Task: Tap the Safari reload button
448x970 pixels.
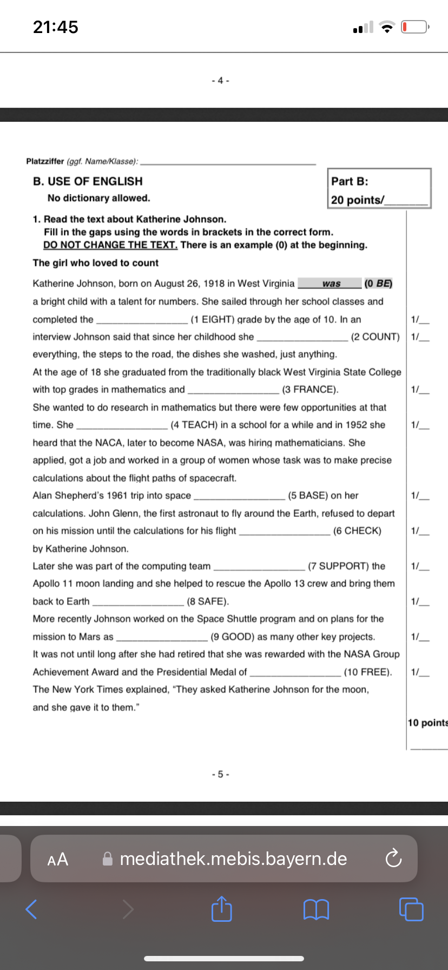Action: coord(393,859)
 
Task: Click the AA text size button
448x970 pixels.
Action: coord(58,860)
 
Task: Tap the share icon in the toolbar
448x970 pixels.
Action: coord(221,909)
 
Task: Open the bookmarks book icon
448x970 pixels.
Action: coord(317,909)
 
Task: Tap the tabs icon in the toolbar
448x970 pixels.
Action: coord(411,909)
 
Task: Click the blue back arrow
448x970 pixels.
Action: coord(32,909)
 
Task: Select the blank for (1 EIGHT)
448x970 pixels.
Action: coord(142,319)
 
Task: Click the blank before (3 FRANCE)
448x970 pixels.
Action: coord(233,390)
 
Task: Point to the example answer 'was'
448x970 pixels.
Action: coord(331,284)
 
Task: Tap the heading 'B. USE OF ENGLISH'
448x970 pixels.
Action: coord(88,181)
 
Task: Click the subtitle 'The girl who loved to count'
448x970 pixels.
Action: coord(96,263)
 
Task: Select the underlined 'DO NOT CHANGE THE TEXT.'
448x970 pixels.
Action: coord(110,245)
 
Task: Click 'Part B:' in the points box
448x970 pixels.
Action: coord(350,182)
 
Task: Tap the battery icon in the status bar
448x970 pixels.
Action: coord(414,27)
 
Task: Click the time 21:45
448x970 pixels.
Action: coord(56,27)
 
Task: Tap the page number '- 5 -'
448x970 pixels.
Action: coord(221,774)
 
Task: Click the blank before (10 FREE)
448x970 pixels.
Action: coord(295,672)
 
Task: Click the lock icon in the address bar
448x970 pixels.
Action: coord(108,859)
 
